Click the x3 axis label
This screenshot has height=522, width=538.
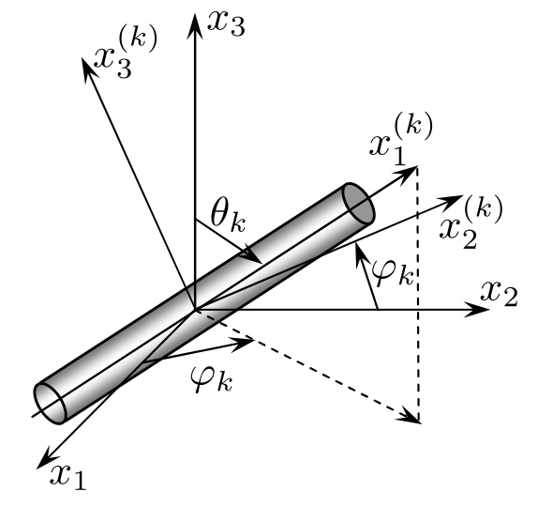tap(227, 24)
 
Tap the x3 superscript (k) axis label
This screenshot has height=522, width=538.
tap(126, 54)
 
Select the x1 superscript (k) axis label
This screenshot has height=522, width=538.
tap(401, 141)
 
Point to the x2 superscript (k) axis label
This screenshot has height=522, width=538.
tap(471, 223)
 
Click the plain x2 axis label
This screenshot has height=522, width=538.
tap(499, 293)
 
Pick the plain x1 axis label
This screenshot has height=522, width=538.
tap(67, 477)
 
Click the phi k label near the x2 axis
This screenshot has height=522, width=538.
tap(393, 273)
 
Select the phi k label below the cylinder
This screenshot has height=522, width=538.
tap(212, 378)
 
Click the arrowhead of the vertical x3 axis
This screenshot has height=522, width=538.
tap(195, 25)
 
